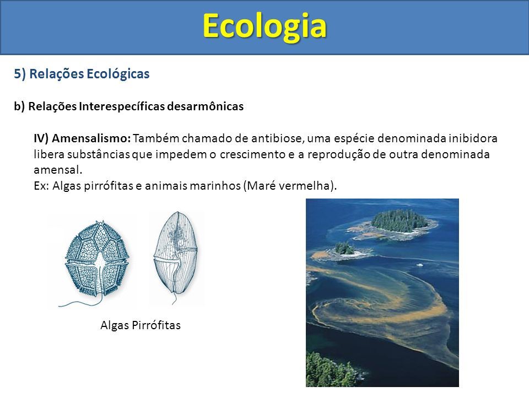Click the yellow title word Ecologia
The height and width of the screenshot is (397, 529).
(x=264, y=26)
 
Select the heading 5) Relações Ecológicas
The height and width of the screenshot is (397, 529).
(x=82, y=74)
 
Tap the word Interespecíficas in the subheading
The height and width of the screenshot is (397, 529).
(x=122, y=106)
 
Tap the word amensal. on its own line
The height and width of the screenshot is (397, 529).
(x=58, y=169)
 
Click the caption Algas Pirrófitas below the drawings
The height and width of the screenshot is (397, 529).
(x=141, y=325)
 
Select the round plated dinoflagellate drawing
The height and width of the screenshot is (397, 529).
(x=96, y=260)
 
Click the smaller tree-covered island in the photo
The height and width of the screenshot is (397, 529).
(x=344, y=249)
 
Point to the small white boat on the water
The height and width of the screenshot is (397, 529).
(x=420, y=265)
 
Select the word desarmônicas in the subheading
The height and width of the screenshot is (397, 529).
(x=206, y=106)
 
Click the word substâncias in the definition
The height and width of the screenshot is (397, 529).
(x=99, y=154)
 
